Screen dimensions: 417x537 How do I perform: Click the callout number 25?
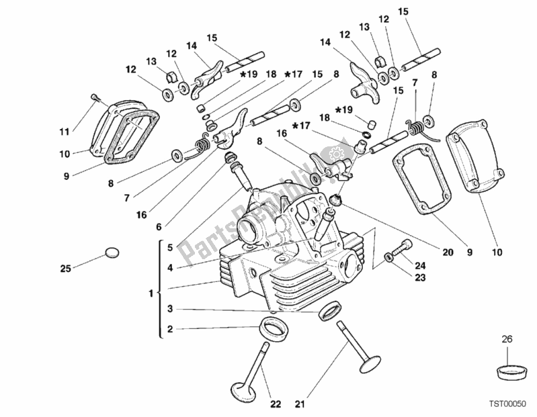[x=65, y=269]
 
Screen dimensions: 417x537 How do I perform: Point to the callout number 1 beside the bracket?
[x=150, y=293]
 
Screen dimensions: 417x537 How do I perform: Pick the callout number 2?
[x=170, y=329]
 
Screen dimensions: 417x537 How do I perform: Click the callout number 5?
[x=170, y=246]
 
